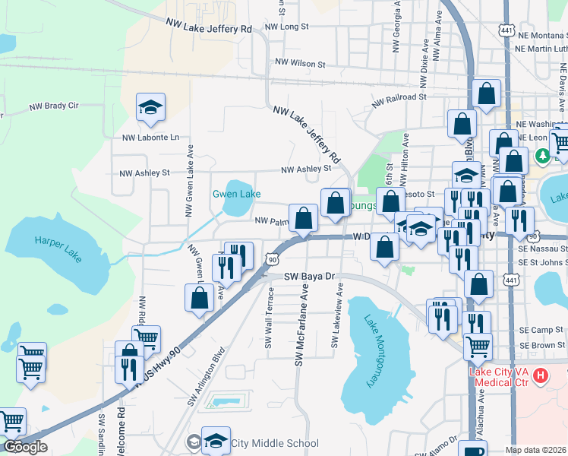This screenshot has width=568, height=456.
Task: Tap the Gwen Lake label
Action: pos(236,194)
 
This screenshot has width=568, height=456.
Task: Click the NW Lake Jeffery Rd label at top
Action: pos(209,27)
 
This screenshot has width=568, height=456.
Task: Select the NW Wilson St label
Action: pos(301,63)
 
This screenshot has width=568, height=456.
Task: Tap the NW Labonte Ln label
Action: pos(151,138)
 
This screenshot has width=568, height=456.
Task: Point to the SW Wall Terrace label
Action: pos(269,318)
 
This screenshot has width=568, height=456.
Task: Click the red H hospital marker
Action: pos(540,375)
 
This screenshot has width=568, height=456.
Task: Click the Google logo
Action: pos(25,447)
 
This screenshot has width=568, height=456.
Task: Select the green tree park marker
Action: pos(542,156)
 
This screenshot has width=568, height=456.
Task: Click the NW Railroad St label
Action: pos(399,98)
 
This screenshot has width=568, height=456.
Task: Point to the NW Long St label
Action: pos(286,27)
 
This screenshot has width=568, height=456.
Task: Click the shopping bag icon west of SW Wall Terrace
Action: pos(200,297)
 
